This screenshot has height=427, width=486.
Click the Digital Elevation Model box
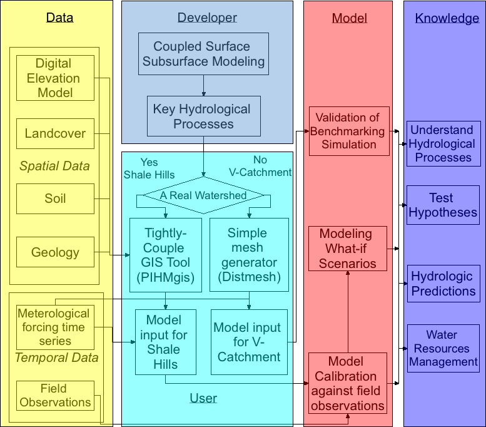coord(55,78)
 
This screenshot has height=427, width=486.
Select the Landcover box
coord(55,133)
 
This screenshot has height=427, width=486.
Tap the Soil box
coord(55,198)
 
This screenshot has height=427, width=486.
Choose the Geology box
coord(55,252)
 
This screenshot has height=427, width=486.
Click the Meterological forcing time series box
coord(55,327)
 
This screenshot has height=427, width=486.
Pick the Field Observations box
coord(55,395)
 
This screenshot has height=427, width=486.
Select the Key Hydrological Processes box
coord(204,116)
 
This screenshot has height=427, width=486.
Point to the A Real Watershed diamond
coord(204,195)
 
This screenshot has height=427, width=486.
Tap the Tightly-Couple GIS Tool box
coord(166,255)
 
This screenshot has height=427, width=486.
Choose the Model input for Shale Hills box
coord(166,342)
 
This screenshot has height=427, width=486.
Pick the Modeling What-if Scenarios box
coord(348,249)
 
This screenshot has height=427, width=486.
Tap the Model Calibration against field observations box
coord(348,383)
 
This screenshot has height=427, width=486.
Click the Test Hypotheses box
coord(443,205)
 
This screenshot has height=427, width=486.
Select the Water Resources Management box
coord(443,348)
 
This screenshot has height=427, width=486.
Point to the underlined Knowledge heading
coord(447,19)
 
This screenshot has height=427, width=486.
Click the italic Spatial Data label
coord(54,167)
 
